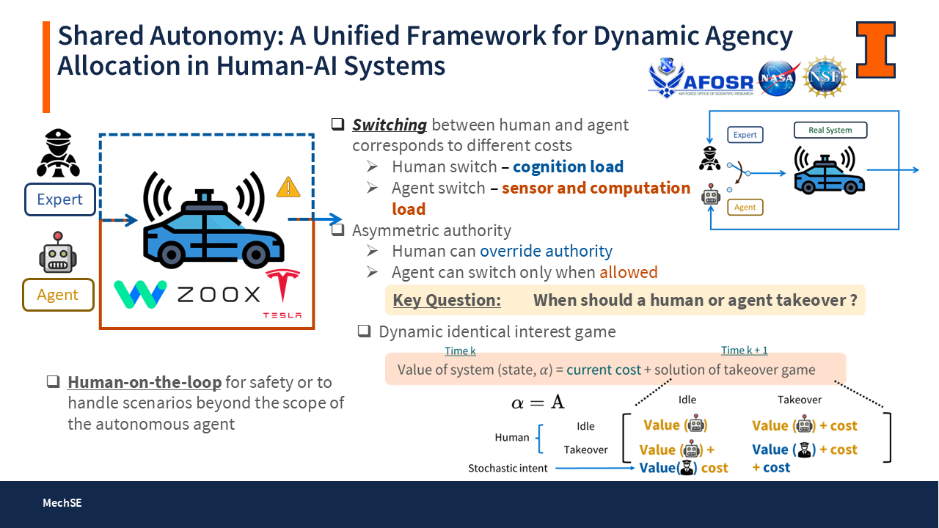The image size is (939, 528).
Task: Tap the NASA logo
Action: coord(779,78)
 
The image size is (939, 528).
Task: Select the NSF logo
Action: coord(825,77)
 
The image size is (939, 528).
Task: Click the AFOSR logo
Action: coord(701,79)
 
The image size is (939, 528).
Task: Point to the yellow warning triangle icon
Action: coord(288,188)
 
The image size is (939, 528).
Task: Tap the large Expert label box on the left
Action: coord(59,199)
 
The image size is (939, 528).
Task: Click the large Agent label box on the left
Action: coord(58,295)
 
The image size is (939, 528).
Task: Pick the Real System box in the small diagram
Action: coord(830,131)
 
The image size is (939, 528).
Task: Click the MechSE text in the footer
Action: coord(62,503)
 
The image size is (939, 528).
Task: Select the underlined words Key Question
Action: coord(447,300)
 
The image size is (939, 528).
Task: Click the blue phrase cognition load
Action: coord(568,166)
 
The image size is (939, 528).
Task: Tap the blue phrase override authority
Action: coord(546,252)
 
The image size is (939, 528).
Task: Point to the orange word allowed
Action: coord(628,272)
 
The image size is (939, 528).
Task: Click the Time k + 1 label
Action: coord(745,351)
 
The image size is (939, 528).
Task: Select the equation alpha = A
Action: coord(538,402)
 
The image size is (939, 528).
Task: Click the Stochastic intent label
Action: coord(508,468)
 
